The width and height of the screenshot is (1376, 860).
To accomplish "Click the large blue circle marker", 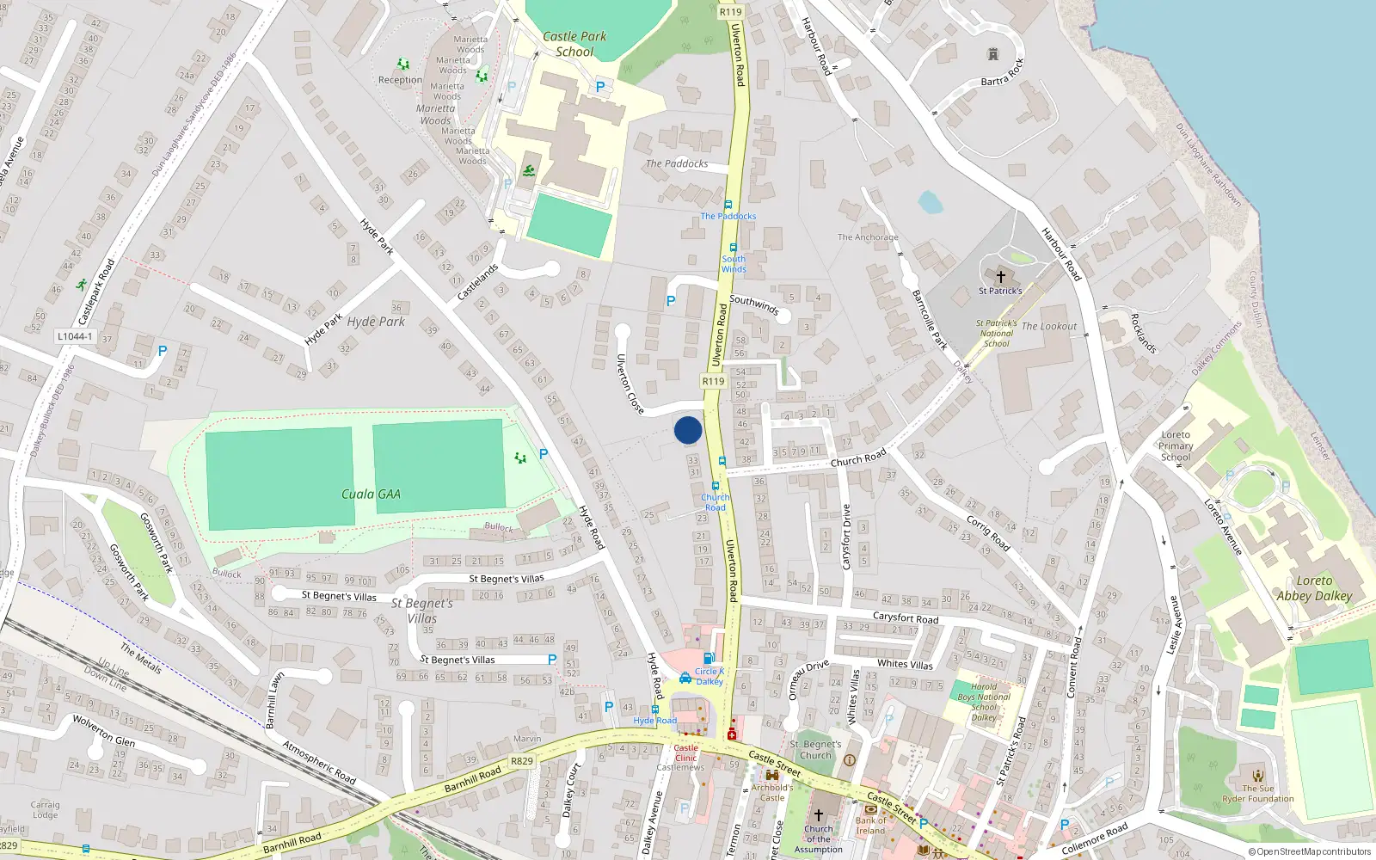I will [x=688, y=430].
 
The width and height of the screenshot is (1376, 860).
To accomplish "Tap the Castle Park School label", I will [x=574, y=44].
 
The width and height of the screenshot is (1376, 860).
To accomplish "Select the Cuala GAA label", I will [x=371, y=494].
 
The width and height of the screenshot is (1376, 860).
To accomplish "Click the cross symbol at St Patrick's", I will [x=1000, y=277].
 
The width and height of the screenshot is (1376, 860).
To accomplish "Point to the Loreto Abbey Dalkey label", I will [x=1313, y=588].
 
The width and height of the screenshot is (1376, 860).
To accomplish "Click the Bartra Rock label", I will [x=1003, y=76].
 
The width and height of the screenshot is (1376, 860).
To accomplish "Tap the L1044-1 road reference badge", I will [x=75, y=336].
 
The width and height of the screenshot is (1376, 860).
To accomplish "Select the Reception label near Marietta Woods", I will [x=400, y=80].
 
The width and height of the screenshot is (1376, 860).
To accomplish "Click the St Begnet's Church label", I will [x=815, y=750].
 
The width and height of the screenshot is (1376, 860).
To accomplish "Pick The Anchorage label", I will [x=867, y=237].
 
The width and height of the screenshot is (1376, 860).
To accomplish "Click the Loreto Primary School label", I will [x=1176, y=445].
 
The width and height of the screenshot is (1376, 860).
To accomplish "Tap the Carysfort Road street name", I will [x=906, y=617].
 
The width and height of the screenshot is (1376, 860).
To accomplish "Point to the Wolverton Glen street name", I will [x=103, y=730].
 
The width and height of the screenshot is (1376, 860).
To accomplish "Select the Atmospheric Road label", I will [x=319, y=763].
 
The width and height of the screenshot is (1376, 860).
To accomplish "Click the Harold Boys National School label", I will [x=984, y=702].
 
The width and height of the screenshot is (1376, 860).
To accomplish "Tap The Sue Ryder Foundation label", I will [x=1258, y=793].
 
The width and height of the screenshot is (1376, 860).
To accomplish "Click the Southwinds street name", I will [x=753, y=304].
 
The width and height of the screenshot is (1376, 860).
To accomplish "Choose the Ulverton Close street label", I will [x=630, y=384].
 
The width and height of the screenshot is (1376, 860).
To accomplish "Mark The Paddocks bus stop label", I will [x=728, y=216].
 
